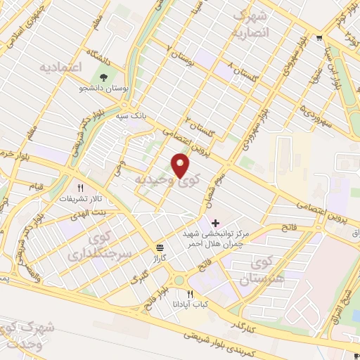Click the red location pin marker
coord(181,166)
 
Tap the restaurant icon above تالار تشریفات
coord(80,188)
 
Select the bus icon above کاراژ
coord(160,247)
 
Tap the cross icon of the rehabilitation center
coord(214,223)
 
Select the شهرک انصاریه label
coord(250,23)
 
